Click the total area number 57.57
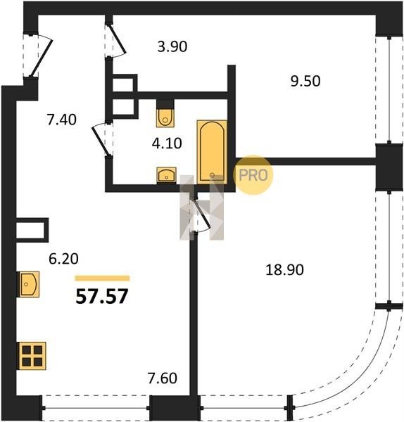tap(102, 296)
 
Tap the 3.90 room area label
tap(172, 46)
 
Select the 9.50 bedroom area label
tap(305, 81)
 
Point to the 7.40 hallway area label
tap(62, 120)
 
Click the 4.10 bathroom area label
tap(167, 143)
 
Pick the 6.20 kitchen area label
tap(63, 259)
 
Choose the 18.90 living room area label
tap(284, 269)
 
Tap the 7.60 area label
tap(163, 378)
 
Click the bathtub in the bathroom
tap(212, 152)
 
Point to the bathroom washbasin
tap(166, 175)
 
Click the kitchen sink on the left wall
tap(28, 284)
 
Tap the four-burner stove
tap(32, 356)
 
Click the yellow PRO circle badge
tap(253, 175)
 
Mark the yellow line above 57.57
tap(102, 279)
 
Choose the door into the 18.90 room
tap(201, 215)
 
